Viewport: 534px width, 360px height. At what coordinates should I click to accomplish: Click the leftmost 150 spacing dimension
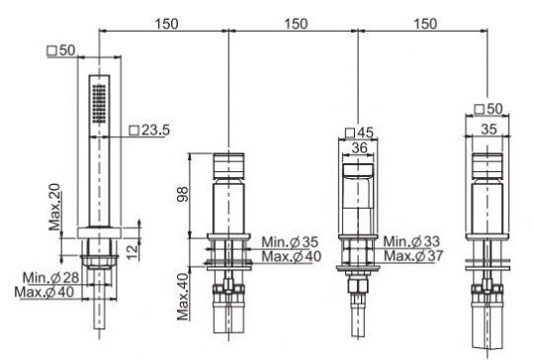(166, 23)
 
